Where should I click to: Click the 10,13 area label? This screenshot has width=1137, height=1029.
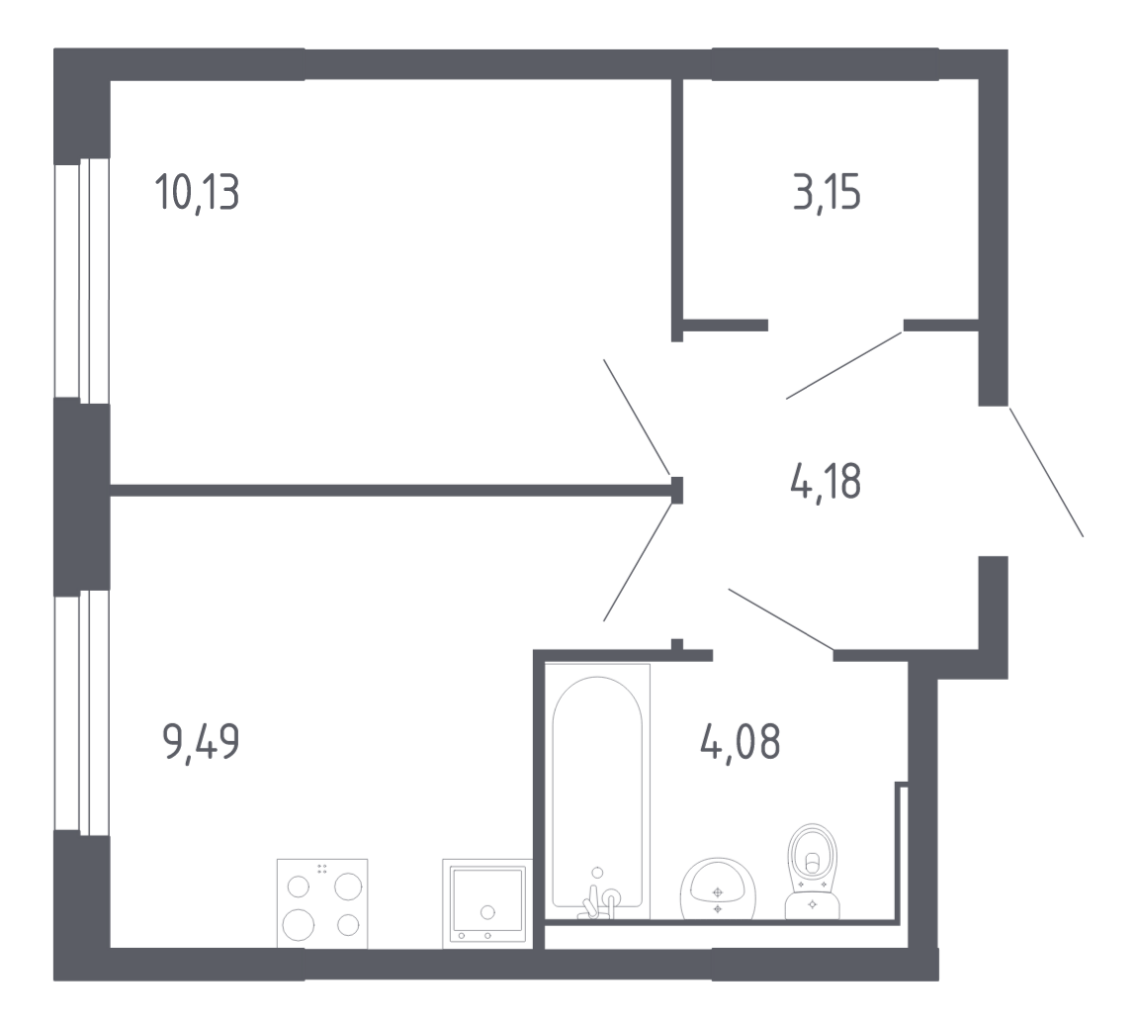197,193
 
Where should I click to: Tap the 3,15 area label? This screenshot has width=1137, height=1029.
827,193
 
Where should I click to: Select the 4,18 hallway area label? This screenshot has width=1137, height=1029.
826,481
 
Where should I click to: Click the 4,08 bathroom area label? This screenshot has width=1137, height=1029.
741,740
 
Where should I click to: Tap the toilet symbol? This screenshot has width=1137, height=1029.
812,872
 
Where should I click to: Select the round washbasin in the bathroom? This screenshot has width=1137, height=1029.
718,889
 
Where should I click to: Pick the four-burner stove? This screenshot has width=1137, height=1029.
322,903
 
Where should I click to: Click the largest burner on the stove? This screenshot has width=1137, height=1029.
298,924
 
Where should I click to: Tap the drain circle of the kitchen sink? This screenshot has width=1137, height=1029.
487,913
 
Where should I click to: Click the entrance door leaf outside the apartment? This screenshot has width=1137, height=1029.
1046,472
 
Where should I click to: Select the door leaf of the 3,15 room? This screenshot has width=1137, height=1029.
844,365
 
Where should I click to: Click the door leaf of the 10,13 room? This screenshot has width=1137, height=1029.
638,417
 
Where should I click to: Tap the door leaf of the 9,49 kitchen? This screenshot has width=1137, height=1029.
638,563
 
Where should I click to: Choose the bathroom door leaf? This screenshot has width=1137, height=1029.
781,619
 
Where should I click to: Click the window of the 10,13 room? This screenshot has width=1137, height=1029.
82,281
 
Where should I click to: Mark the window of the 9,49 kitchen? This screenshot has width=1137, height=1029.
82,712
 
